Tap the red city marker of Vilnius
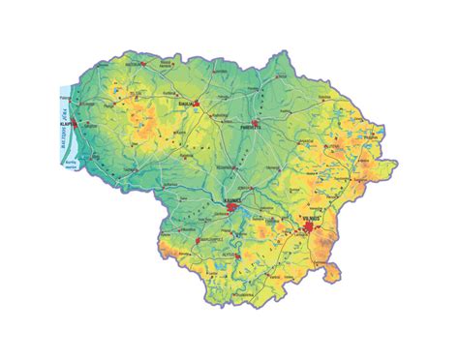pos(309,229)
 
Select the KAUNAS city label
pos(232,200)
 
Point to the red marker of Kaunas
pos(235,207)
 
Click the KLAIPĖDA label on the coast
pos(66,124)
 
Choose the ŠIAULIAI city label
pos(183,99)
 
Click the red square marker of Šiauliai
pos(196,103)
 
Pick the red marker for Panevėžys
pos(254,123)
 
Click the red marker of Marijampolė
pos(199,238)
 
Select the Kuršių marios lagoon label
pos(69,165)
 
